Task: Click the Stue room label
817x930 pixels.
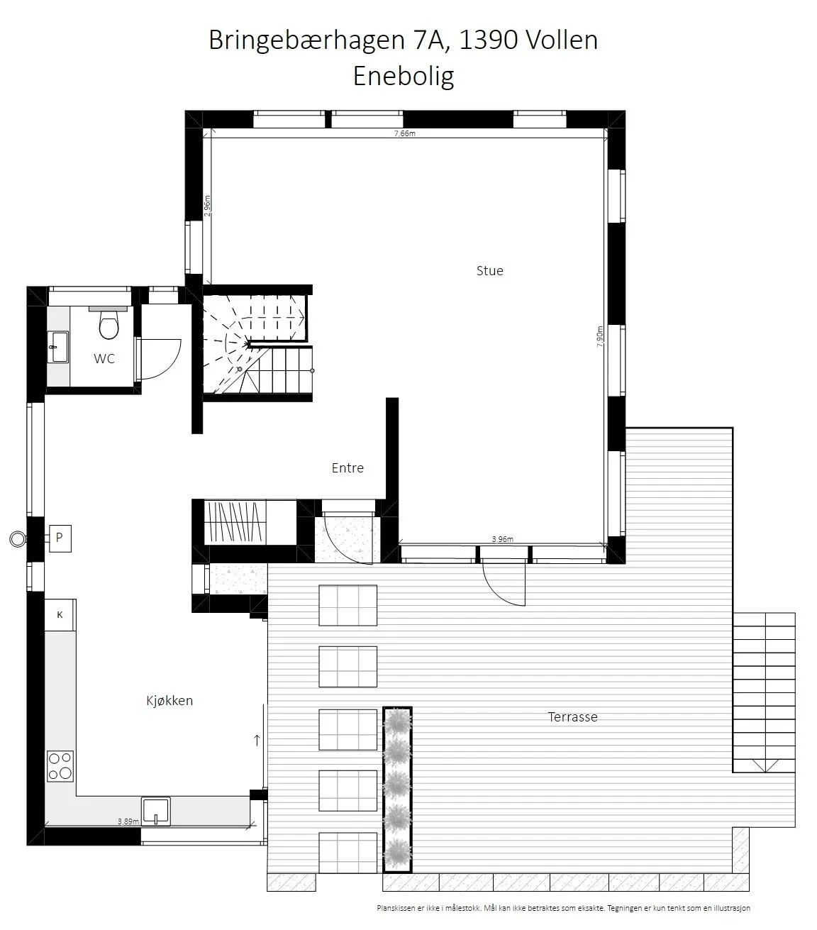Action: [490, 271]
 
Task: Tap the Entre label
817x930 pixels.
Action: [348, 467]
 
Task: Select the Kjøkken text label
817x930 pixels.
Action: [169, 701]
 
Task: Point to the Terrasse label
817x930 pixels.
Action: [572, 717]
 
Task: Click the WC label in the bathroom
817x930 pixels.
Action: [104, 358]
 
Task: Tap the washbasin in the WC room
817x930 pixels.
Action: [58, 347]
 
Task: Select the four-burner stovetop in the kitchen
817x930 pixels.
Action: [60, 766]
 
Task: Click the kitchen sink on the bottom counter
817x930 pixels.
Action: [156, 811]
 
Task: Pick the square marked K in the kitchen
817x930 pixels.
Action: [60, 614]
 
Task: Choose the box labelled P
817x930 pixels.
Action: [60, 538]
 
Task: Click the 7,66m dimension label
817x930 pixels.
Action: [405, 133]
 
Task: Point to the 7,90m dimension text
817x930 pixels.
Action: [600, 336]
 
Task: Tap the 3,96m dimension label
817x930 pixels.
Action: [503, 539]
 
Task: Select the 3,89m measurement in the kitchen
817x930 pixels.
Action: [128, 821]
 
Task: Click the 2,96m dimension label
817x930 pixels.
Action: [207, 206]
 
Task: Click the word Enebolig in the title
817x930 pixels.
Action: [404, 76]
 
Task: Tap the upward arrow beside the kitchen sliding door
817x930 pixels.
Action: [257, 740]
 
